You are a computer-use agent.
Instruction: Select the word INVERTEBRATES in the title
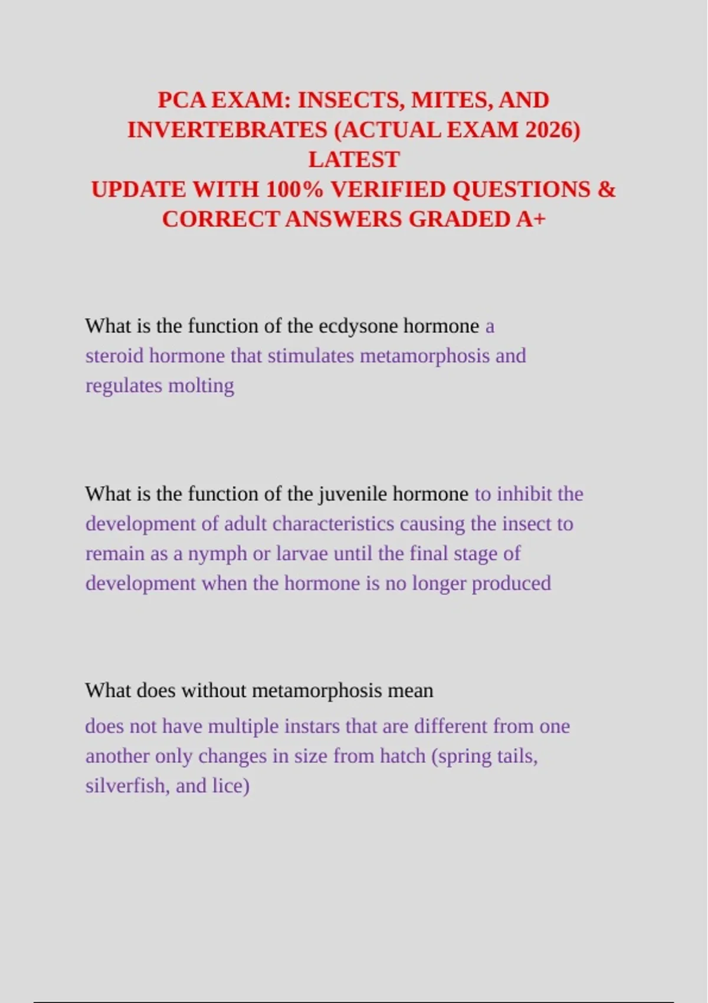coord(228,130)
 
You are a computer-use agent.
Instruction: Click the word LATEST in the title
coord(354,160)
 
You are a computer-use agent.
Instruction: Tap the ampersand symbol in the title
coord(607,190)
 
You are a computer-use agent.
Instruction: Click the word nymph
coord(217,553)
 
